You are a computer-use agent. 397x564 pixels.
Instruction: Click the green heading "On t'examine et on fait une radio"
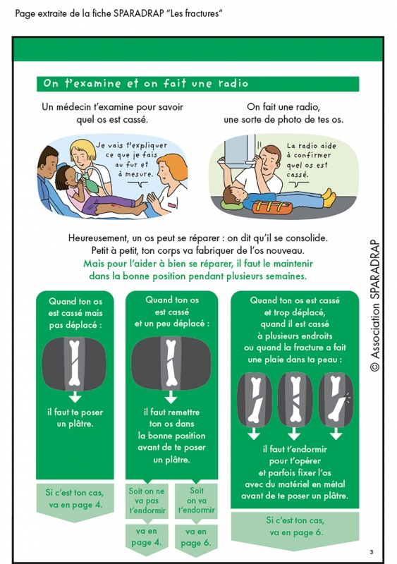click(146, 83)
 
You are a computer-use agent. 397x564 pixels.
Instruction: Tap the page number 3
click(372, 552)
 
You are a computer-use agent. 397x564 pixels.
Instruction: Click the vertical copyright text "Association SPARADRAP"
click(374, 305)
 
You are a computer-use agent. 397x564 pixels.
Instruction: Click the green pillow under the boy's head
click(231, 206)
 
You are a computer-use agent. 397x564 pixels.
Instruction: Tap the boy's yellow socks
click(329, 197)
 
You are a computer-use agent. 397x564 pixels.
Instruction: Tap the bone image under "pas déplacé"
click(74, 364)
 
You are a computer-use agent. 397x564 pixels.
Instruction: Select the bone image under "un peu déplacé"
click(171, 364)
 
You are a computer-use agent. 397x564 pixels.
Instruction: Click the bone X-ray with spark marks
click(336, 400)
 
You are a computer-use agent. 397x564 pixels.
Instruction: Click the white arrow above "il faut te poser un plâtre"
click(75, 397)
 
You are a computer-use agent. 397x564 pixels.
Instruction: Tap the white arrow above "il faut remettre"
click(171, 397)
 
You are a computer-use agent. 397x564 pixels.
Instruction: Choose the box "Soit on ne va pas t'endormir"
click(147, 501)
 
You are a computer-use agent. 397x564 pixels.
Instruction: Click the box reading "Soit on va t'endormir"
click(196, 501)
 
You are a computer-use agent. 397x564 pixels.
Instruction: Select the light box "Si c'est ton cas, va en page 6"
click(295, 530)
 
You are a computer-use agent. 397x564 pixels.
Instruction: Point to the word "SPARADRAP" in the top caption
click(139, 13)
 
